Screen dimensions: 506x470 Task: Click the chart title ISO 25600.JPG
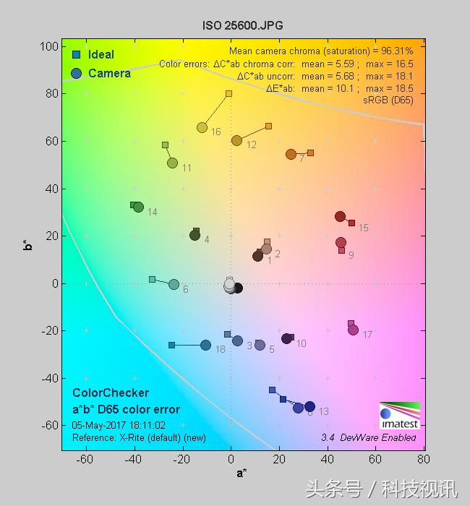(x=242, y=25)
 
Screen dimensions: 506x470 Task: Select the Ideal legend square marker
(x=76, y=54)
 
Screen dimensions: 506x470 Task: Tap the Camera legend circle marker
(x=77, y=73)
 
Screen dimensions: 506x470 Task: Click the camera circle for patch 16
(x=202, y=127)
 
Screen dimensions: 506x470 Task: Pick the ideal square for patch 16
(x=228, y=93)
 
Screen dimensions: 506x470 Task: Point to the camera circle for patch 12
(x=236, y=140)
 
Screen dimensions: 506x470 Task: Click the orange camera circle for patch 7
(x=291, y=154)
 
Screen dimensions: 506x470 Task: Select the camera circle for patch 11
(x=172, y=163)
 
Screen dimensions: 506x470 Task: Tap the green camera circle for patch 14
(x=138, y=207)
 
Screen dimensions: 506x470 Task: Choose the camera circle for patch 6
(x=174, y=284)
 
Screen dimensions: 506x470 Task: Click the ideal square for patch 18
(x=171, y=345)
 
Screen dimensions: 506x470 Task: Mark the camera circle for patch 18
(x=205, y=345)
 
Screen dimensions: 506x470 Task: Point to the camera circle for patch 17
(x=353, y=330)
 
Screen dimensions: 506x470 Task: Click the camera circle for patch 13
(x=309, y=406)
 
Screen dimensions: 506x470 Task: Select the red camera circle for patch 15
(x=340, y=216)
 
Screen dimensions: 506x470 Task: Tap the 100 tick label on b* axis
(x=48, y=46)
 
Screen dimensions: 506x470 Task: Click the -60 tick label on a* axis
(x=85, y=459)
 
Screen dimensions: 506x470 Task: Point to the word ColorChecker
(x=111, y=393)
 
